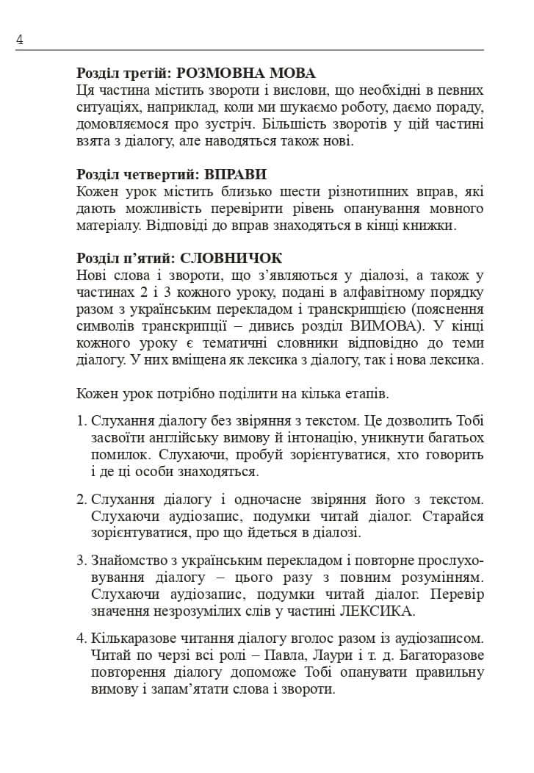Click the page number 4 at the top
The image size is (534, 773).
20,40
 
